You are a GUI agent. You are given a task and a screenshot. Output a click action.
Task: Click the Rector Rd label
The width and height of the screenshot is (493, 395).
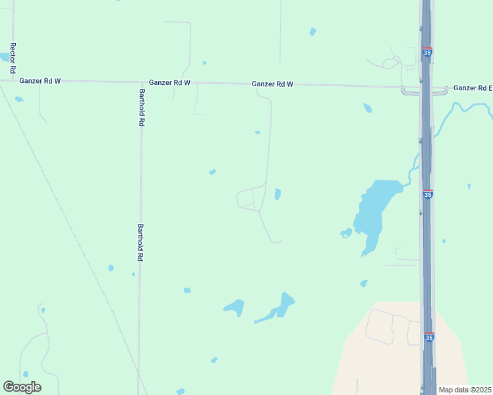tap(13, 58)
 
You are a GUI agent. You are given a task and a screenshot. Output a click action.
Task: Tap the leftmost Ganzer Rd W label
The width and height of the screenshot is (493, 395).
tap(40, 81)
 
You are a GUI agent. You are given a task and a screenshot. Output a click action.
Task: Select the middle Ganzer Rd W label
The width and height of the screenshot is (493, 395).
tap(169, 83)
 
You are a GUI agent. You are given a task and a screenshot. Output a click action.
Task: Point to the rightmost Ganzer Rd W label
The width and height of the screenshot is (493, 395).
tap(272, 84)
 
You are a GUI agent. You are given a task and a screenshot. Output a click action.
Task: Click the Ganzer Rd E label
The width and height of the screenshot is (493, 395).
tap(473, 88)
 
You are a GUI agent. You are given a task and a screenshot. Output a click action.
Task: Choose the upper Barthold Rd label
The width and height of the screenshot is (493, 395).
tap(142, 107)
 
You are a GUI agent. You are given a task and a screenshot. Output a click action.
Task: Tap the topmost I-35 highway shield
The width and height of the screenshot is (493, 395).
tap(428, 52)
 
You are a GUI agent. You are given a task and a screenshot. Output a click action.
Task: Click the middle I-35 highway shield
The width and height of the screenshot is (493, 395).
tap(428, 194)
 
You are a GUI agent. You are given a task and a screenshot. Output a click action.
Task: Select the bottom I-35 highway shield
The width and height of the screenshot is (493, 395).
tap(429, 337)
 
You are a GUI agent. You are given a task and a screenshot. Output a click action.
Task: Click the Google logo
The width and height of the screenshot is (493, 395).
tap(22, 387)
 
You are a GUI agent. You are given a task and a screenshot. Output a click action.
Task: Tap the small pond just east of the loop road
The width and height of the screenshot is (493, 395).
tap(277, 194)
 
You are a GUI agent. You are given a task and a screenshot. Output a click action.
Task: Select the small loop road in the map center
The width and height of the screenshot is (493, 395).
tap(248, 199)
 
